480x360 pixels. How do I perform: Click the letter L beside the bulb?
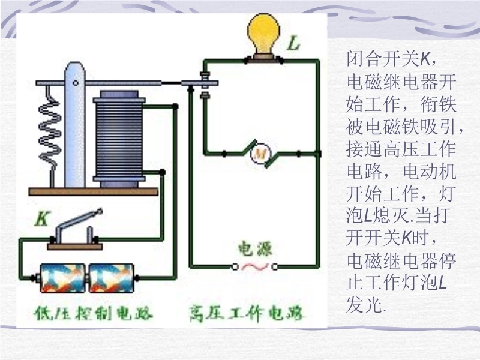point(293,43)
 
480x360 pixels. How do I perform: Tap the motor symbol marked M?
point(260,154)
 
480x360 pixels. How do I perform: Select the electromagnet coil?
point(119,138)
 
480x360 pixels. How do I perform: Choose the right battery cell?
point(112,278)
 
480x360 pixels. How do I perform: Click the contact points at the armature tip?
point(206,85)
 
